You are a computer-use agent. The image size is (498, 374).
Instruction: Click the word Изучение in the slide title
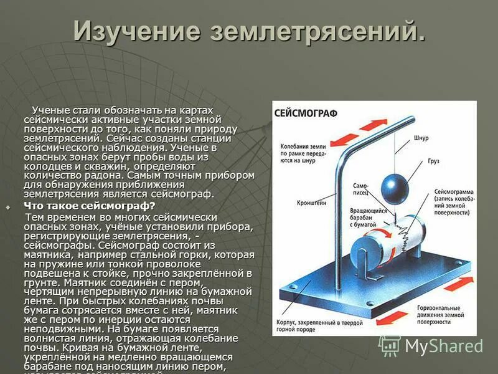139,31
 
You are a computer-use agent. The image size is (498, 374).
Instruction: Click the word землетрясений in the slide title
319,31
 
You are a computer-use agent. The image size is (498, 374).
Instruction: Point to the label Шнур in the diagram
421,138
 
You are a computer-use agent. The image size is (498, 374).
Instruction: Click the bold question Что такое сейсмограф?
90,205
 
